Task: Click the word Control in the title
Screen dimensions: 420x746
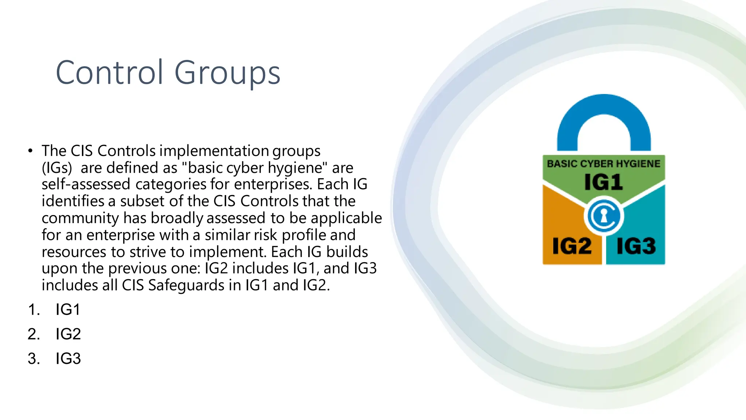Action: click(109, 73)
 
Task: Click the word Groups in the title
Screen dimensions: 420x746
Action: click(227, 73)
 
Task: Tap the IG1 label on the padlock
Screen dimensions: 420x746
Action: click(603, 182)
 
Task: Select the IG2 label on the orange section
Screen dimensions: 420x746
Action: click(572, 246)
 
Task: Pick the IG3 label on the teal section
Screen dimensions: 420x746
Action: click(636, 246)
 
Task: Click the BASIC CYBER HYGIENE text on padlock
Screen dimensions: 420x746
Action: click(604, 164)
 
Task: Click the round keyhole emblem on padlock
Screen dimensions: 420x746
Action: click(604, 216)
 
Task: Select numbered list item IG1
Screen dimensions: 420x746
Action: click(68, 310)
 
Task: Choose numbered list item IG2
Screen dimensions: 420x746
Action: click(68, 334)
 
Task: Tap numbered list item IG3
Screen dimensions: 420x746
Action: click(68, 358)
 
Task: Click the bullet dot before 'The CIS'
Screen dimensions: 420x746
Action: click(30, 151)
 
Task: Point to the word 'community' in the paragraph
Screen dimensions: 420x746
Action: click(80, 218)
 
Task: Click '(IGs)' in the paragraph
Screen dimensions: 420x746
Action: click(57, 168)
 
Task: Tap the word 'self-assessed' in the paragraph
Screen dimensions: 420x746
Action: click(86, 184)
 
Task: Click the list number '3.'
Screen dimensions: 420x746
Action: click(34, 358)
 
